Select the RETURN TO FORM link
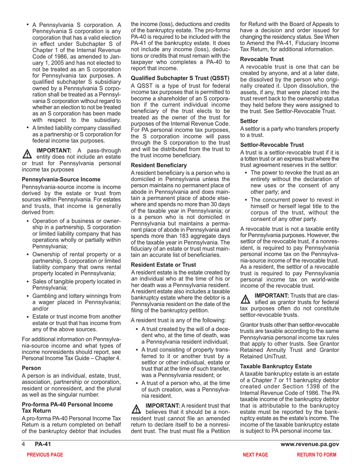[x=317, y=454]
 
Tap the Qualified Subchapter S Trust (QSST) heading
[x=180, y=78]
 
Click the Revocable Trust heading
[x=262, y=59]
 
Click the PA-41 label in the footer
[x=43, y=445]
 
